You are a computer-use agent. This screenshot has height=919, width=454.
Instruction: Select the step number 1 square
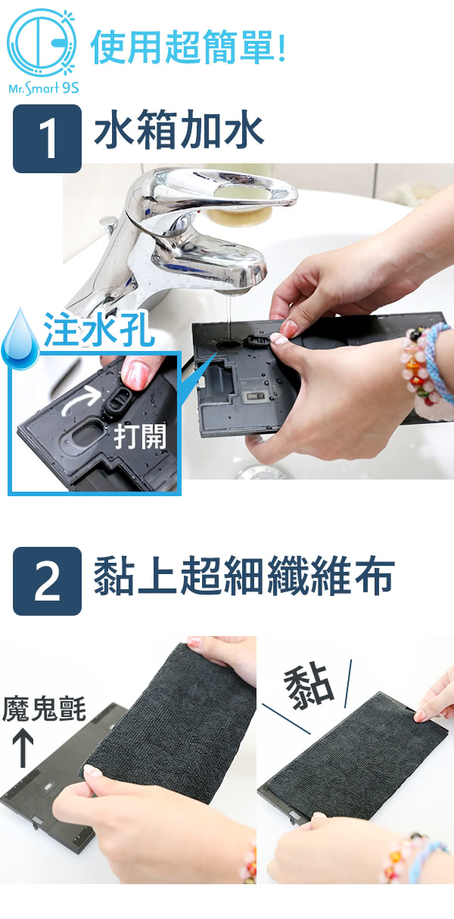[47, 138]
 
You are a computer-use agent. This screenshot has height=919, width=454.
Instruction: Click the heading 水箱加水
[179, 130]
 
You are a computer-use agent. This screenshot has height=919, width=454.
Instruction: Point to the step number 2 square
[47, 581]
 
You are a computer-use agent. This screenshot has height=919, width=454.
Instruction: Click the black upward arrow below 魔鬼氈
[23, 750]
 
